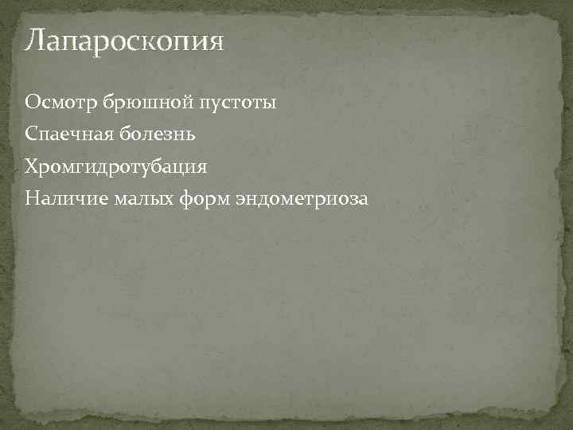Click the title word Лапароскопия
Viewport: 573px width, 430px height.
pyautogui.click(x=124, y=40)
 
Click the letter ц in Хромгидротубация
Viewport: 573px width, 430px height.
pyautogui.click(x=182, y=168)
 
